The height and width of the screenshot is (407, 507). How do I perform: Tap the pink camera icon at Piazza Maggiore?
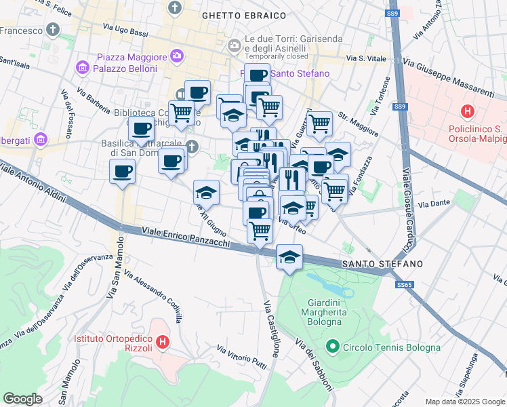177,55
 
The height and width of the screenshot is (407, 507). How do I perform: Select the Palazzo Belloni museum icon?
83,68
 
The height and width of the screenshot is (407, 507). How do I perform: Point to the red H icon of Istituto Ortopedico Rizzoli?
162,343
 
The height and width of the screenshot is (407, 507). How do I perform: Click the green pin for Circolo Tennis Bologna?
332,347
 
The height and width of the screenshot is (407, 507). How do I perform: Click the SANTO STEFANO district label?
382,263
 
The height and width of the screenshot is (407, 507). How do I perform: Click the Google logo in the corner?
22,399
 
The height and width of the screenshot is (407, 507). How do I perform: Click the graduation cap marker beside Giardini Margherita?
289,257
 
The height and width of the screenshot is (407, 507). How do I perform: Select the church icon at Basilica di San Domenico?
192,145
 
